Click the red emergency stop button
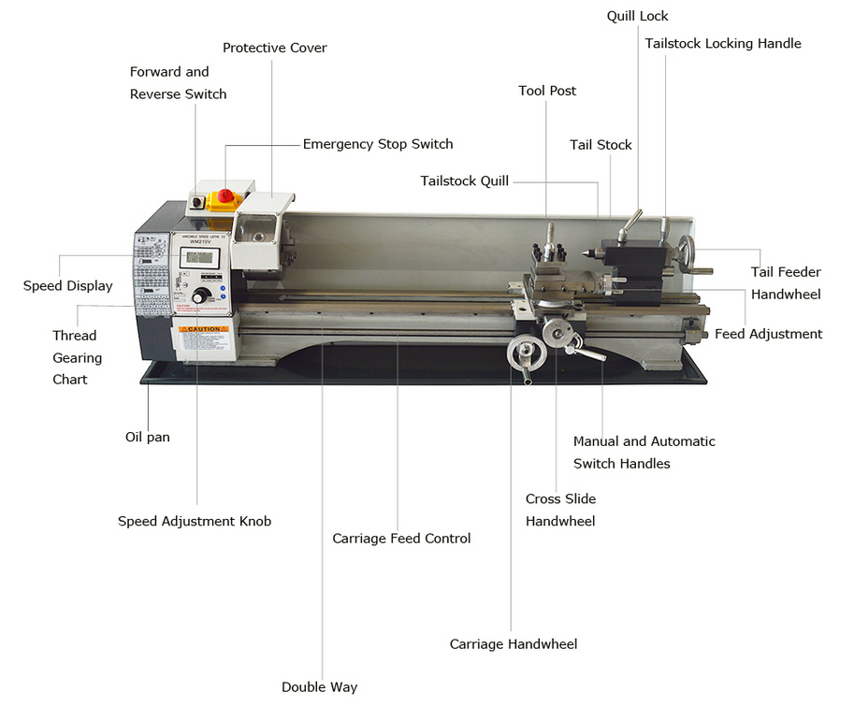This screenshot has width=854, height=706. pyautogui.click(x=225, y=195)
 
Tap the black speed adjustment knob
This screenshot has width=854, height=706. pyautogui.click(x=200, y=296)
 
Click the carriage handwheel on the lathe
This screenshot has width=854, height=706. pyautogui.click(x=526, y=353)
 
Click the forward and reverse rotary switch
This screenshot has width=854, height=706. pyautogui.click(x=196, y=203)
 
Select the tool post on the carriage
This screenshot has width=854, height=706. pyautogui.click(x=550, y=257)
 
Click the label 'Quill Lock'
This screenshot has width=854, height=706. pyautogui.click(x=637, y=16)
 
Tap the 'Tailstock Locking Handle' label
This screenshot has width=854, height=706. pyautogui.click(x=723, y=44)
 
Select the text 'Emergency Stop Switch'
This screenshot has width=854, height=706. pyautogui.click(x=378, y=144)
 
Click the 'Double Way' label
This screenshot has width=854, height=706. pyautogui.click(x=320, y=687)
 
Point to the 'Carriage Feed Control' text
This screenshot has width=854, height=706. pyautogui.click(x=401, y=539)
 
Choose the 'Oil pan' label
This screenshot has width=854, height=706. pyautogui.click(x=148, y=437)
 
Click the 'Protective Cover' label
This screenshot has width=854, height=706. pyautogui.click(x=274, y=48)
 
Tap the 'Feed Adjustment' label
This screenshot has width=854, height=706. pyautogui.click(x=769, y=334)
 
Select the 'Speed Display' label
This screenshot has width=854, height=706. pyautogui.click(x=67, y=286)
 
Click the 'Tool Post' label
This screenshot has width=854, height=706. pyautogui.click(x=547, y=91)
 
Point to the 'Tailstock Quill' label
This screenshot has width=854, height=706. pyautogui.click(x=464, y=180)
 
